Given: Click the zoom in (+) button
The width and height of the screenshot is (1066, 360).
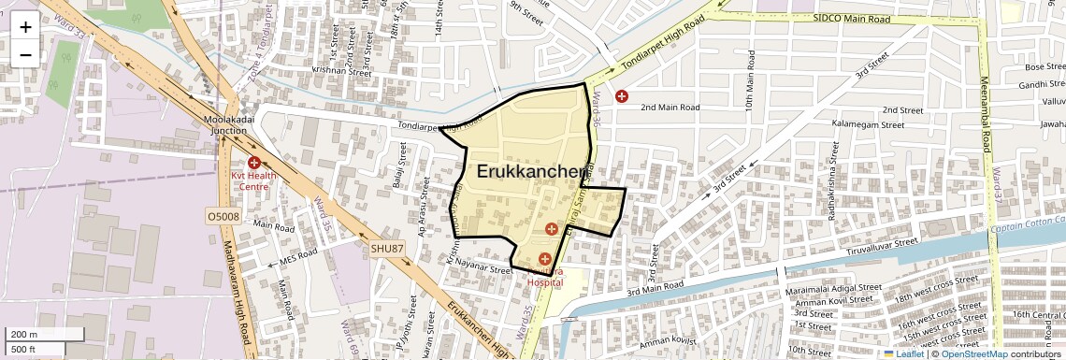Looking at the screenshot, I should pos(25,27).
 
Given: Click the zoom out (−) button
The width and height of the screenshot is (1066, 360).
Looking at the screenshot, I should pos(25,54).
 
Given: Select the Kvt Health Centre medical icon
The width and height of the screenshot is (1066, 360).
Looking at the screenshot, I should pos(253,163).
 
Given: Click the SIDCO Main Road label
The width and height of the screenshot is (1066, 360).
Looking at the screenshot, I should pos(851,18).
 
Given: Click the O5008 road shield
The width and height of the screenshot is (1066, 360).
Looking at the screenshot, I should pos(223,216).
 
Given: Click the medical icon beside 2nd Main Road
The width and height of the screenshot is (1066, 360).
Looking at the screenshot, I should pos(622,95).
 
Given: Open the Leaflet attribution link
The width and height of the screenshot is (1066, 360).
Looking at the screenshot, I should pos(903,353).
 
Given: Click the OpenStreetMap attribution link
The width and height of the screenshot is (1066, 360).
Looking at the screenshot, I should pos(973,353).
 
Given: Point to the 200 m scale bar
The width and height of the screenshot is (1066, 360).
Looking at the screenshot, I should pos(24,334).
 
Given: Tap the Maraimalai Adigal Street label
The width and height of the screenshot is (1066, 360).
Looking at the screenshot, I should pos(834,288).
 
